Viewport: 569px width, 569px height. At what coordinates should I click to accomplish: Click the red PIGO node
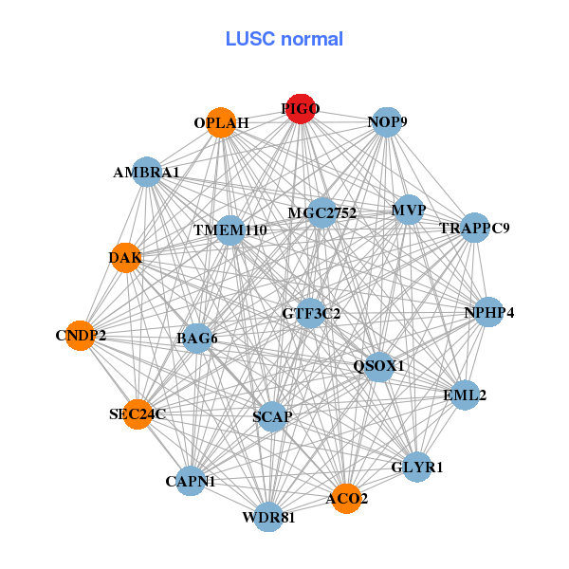click(x=301, y=109)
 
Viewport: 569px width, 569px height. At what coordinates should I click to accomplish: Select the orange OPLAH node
click(x=221, y=123)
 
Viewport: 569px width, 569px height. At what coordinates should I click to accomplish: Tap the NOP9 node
click(x=387, y=122)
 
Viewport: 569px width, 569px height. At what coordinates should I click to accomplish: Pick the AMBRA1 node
click(x=146, y=173)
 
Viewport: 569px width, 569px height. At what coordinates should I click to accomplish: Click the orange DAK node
click(x=126, y=258)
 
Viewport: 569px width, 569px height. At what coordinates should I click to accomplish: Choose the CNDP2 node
click(x=81, y=335)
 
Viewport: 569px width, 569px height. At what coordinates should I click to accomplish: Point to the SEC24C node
click(x=138, y=413)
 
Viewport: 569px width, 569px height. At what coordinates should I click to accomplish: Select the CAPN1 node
click(x=191, y=481)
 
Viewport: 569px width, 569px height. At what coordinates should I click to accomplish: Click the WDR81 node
click(x=269, y=517)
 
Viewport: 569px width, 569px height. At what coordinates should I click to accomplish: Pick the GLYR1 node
click(x=417, y=467)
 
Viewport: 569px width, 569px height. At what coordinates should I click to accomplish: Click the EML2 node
click(x=464, y=395)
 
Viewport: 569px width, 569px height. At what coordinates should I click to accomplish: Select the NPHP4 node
click(x=488, y=312)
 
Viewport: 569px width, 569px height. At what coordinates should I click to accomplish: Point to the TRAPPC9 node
click(x=474, y=229)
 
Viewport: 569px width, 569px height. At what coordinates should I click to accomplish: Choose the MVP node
click(x=409, y=210)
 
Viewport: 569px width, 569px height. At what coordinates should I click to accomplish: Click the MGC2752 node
click(x=321, y=213)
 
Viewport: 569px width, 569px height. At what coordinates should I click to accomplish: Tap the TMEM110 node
click(x=230, y=230)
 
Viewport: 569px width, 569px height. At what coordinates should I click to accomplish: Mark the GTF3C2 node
click(x=311, y=313)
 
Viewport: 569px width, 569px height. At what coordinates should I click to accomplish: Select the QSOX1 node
click(x=379, y=365)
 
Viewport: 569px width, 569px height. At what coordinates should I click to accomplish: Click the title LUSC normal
click(x=284, y=39)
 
